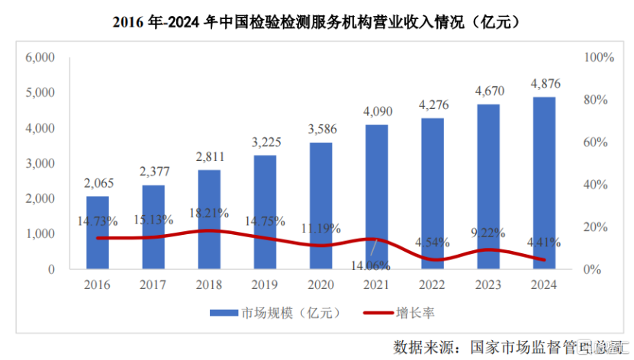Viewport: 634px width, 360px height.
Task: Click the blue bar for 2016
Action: point(97,233)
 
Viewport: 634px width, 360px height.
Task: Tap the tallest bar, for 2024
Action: point(543,183)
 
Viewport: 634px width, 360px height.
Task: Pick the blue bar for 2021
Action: point(376,197)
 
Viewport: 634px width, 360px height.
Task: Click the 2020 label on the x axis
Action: point(320,285)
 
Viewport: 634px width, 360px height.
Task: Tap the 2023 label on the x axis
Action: point(488,285)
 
